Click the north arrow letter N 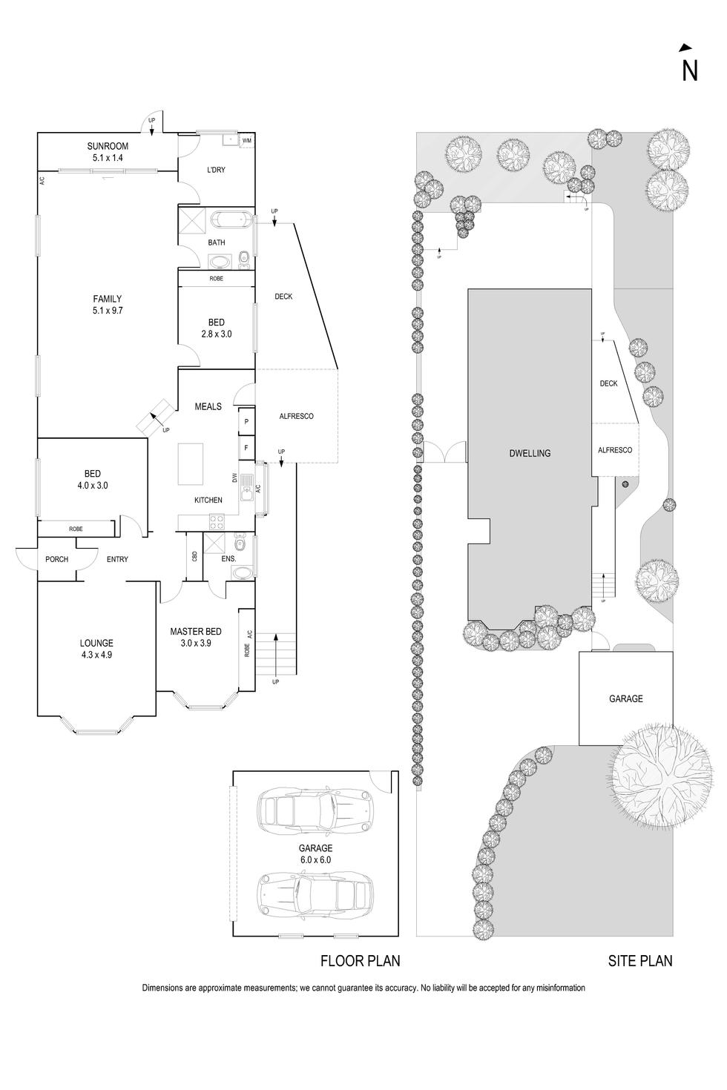(690, 70)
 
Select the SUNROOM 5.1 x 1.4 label (108, 152)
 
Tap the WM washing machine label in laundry (246, 140)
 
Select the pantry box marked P (246, 423)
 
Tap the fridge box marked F (246, 447)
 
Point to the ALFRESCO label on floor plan (296, 416)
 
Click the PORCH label (56, 559)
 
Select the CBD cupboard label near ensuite (194, 556)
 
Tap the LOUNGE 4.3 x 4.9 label (97, 649)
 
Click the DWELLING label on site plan (530, 453)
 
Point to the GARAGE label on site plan (625, 698)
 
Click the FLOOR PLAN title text (360, 961)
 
